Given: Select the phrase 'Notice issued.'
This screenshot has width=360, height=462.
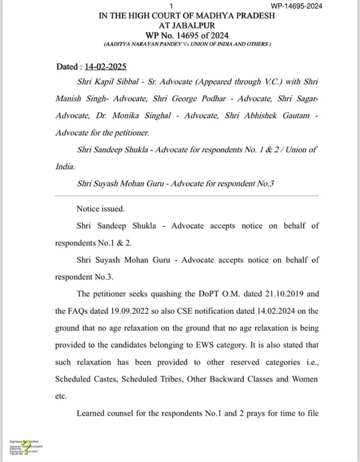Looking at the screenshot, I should coord(100,209).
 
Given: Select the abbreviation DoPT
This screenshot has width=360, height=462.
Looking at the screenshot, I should coord(198,295).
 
